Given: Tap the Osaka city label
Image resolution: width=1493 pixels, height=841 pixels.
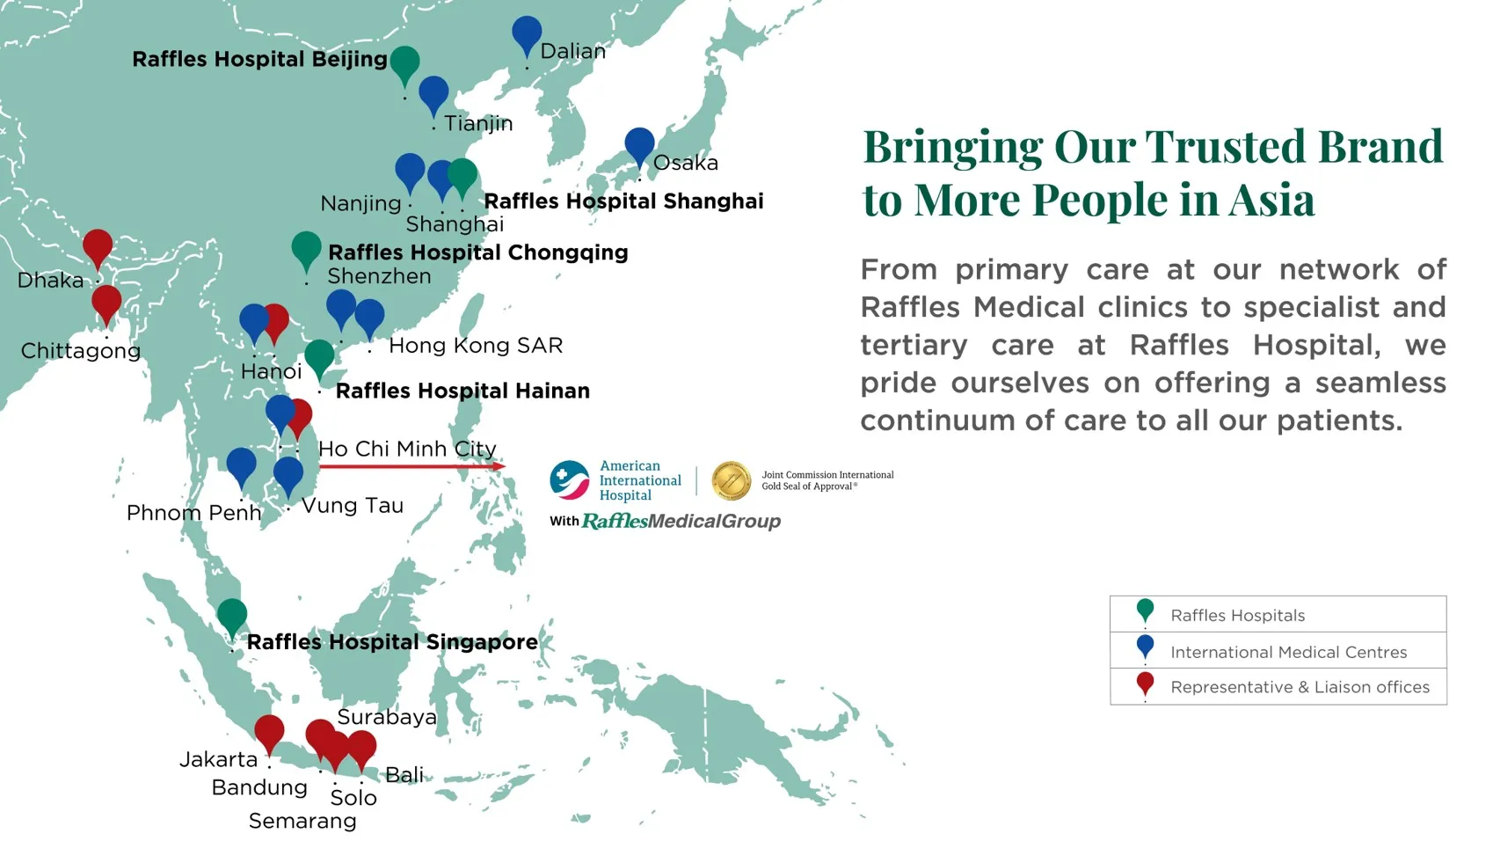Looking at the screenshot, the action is tap(685, 163).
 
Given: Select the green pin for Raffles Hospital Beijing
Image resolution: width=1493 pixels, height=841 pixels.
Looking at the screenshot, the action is tap(404, 65).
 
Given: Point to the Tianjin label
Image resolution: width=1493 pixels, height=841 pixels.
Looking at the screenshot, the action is tap(478, 123).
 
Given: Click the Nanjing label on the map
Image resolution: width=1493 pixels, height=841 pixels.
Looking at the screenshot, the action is tap(361, 203).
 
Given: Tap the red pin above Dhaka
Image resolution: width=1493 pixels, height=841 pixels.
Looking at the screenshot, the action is tap(98, 248).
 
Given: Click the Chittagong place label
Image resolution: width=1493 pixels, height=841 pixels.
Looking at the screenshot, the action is tap(81, 351).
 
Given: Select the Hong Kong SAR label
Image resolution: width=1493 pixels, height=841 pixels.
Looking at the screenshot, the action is tap(476, 346).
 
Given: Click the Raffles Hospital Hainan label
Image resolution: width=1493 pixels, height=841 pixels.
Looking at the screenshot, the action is tap(462, 391).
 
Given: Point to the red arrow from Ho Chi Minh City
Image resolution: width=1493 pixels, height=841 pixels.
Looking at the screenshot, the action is tap(411, 466).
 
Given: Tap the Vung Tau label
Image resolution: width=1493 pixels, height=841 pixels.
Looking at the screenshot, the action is tap(353, 506).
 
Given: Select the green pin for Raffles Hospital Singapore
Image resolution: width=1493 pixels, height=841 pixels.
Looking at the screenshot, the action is tap(232, 618).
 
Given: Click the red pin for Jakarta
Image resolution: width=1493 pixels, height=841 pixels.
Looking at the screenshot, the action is tap(269, 734).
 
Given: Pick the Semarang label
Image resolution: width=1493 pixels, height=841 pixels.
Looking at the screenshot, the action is tap(302, 821).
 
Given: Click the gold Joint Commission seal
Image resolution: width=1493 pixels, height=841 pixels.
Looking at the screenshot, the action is tap(732, 480).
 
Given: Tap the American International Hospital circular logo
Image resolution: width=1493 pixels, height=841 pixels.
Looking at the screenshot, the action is tap(569, 480).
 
